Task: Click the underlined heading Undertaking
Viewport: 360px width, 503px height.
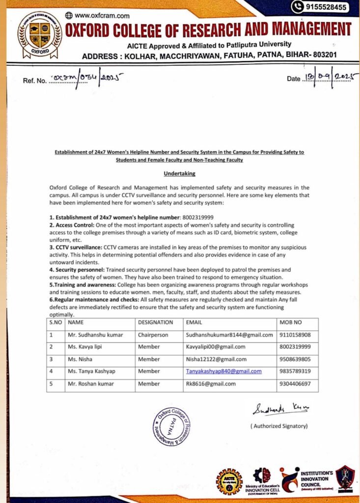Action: (x=179, y=173)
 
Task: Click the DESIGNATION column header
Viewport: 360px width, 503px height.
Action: (x=155, y=323)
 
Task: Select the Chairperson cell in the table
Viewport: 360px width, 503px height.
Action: (x=153, y=335)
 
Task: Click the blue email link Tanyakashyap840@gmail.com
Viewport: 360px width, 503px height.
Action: (x=223, y=371)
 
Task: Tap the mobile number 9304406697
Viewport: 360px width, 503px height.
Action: (x=295, y=384)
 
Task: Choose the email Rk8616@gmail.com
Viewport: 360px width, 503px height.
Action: (x=211, y=384)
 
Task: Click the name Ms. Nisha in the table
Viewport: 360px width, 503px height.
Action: (x=80, y=360)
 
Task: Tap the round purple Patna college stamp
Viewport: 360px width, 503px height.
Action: (x=171, y=426)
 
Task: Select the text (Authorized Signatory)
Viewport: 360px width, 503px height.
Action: (x=279, y=426)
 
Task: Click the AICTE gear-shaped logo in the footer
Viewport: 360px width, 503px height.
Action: (x=229, y=481)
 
